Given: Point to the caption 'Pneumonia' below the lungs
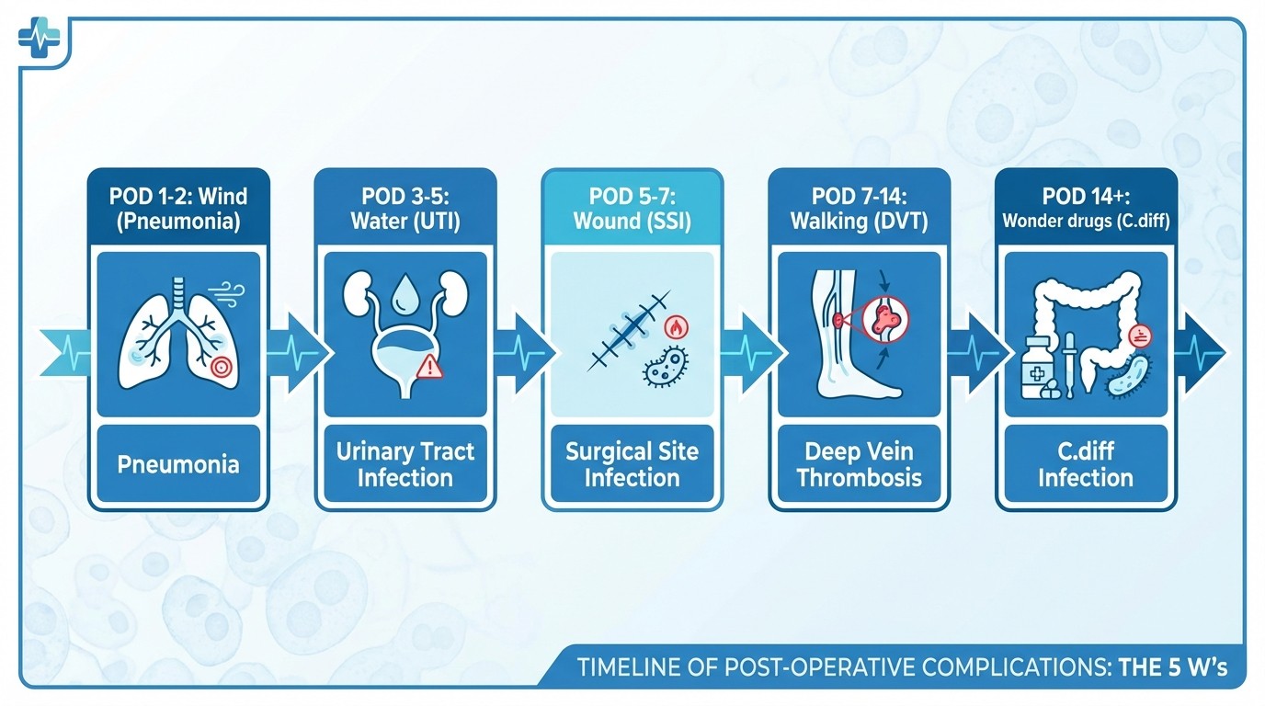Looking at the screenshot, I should (178, 463).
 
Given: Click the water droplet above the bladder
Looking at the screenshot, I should (404, 300).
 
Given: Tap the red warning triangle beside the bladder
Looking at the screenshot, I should (430, 369).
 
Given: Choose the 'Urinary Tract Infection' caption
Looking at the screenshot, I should (405, 464).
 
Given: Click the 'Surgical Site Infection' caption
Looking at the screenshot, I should (632, 464).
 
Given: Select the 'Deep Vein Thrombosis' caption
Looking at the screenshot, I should (860, 464).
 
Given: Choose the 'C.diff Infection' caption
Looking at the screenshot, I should (1086, 464).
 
